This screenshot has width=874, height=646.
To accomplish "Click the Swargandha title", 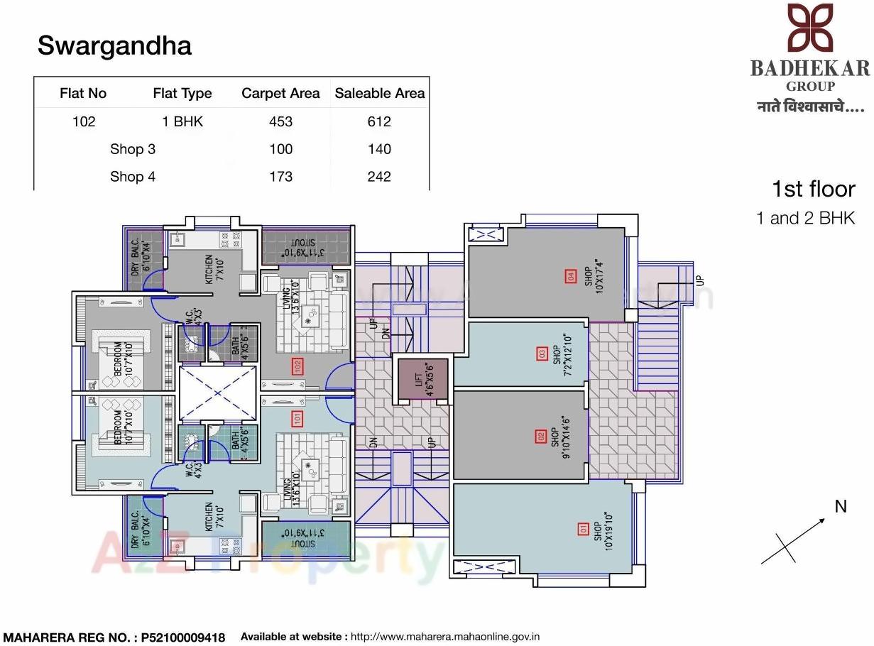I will coord(114,46).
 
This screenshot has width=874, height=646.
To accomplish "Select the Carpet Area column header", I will coord(280,94).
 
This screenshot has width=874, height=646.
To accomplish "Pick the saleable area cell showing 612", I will coord(379,121).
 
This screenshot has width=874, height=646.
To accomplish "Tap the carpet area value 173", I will coord(280,177).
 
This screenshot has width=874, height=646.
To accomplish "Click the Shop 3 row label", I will coord(133,149).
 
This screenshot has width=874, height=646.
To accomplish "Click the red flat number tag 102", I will coord(297,366).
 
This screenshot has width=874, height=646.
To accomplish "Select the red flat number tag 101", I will coord(297,419).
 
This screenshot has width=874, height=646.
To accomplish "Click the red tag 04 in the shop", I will coord(569,276).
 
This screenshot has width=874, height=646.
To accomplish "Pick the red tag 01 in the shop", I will coord(584,528).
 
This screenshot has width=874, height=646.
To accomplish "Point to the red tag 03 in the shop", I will coord(542,353).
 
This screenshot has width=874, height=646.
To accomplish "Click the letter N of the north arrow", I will coord(841,507).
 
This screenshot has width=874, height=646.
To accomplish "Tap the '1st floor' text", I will coord(813,190).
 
